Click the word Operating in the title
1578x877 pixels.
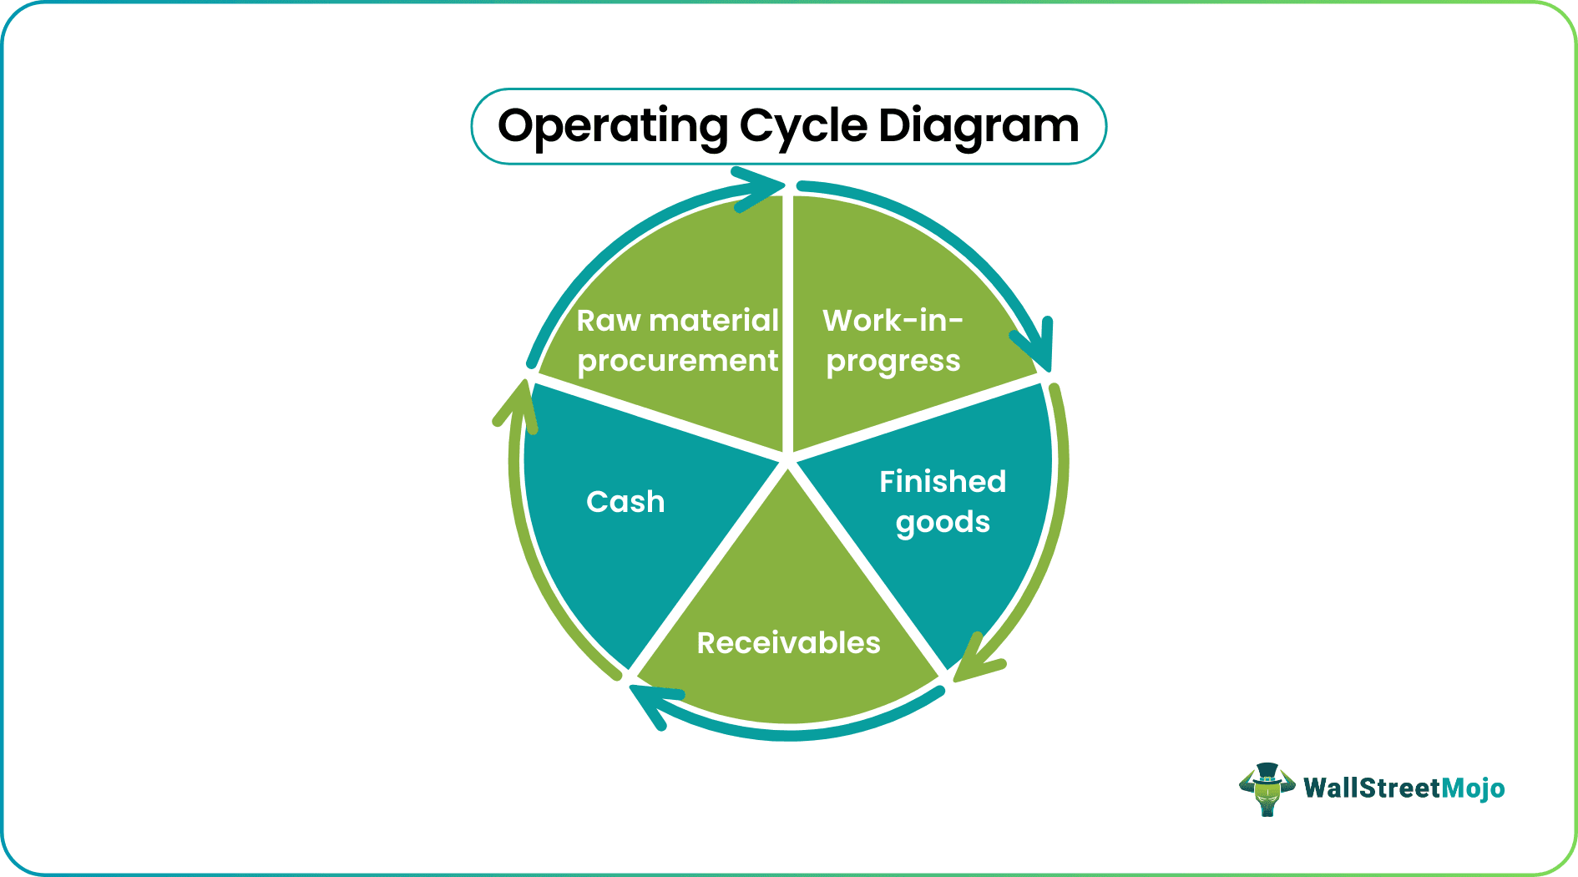click(x=613, y=127)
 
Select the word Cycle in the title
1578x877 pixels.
click(x=803, y=127)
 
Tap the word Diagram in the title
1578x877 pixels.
click(x=979, y=127)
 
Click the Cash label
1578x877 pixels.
click(x=625, y=502)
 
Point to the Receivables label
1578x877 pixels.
click(x=788, y=643)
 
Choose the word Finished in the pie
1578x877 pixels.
click(x=943, y=482)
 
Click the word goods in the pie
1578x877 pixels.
click(x=943, y=523)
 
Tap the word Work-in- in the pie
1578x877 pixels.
click(x=893, y=321)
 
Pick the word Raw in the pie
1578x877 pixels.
click(x=609, y=321)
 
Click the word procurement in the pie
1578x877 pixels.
click(x=677, y=362)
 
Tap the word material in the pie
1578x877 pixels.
click(x=714, y=321)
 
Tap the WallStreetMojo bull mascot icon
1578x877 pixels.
click(x=1267, y=788)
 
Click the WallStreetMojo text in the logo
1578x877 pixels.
click(x=1404, y=788)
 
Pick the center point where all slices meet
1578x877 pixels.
click(x=787, y=459)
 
